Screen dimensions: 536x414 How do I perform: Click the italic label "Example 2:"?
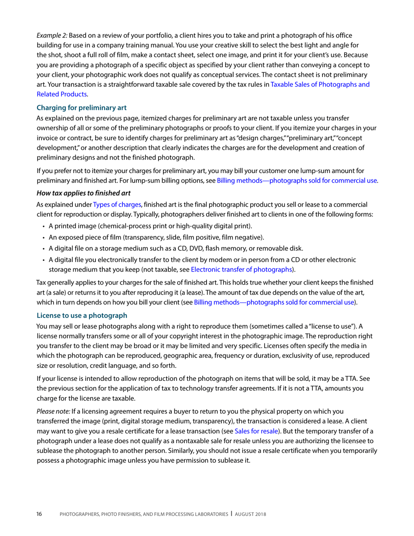pyautogui.click(x=52, y=35)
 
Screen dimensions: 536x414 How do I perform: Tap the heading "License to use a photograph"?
pyautogui.click(x=82, y=315)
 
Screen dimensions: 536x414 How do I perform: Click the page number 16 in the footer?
pyautogui.click(x=39, y=515)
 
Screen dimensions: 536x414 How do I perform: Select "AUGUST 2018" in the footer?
pyautogui.click(x=251, y=515)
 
